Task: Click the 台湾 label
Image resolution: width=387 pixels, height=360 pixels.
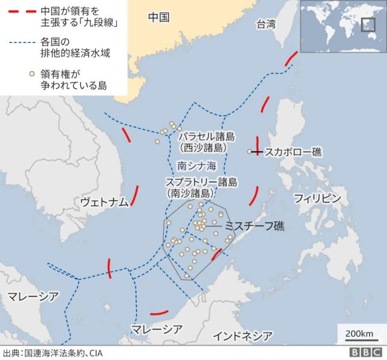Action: point(265,25)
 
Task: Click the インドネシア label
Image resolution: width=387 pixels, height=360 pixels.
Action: point(242,336)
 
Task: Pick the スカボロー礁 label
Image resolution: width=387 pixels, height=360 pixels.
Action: point(293,152)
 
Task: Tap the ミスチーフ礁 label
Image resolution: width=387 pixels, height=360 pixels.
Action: point(255,226)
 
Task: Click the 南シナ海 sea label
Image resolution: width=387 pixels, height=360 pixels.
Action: point(196,165)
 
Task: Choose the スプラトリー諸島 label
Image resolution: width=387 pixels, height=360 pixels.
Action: point(201,182)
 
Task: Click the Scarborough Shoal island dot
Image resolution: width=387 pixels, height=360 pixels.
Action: point(249,151)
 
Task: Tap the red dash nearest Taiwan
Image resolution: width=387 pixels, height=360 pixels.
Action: point(291,59)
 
